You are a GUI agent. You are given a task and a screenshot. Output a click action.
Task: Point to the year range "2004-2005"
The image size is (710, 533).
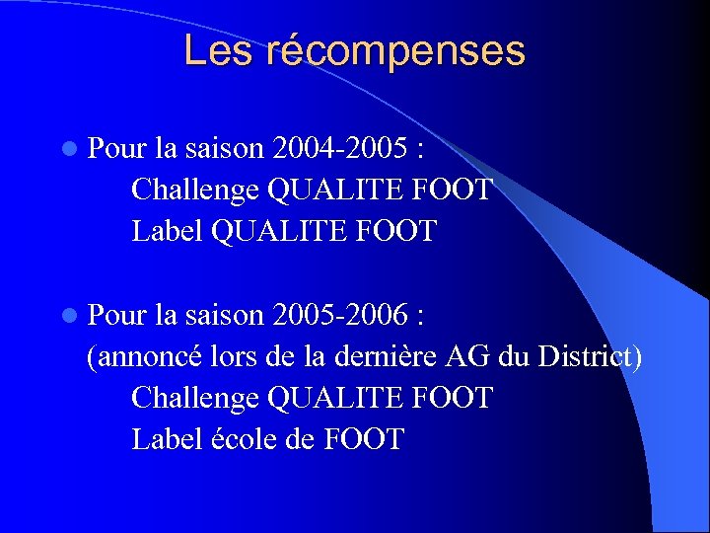(340, 149)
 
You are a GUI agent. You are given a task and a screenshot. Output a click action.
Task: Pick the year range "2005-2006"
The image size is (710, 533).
(340, 316)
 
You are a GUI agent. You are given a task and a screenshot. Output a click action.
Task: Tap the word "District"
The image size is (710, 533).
(588, 357)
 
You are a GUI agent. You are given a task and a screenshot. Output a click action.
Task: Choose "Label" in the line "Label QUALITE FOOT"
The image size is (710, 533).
(168, 231)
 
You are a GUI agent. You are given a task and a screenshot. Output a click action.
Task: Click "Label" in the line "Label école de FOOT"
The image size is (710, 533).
(168, 439)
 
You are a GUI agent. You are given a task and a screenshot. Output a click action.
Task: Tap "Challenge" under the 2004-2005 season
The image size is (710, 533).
(195, 190)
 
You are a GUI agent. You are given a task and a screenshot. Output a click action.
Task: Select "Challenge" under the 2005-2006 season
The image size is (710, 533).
(195, 399)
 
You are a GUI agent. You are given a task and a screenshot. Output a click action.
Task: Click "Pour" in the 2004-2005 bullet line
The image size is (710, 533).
(117, 149)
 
